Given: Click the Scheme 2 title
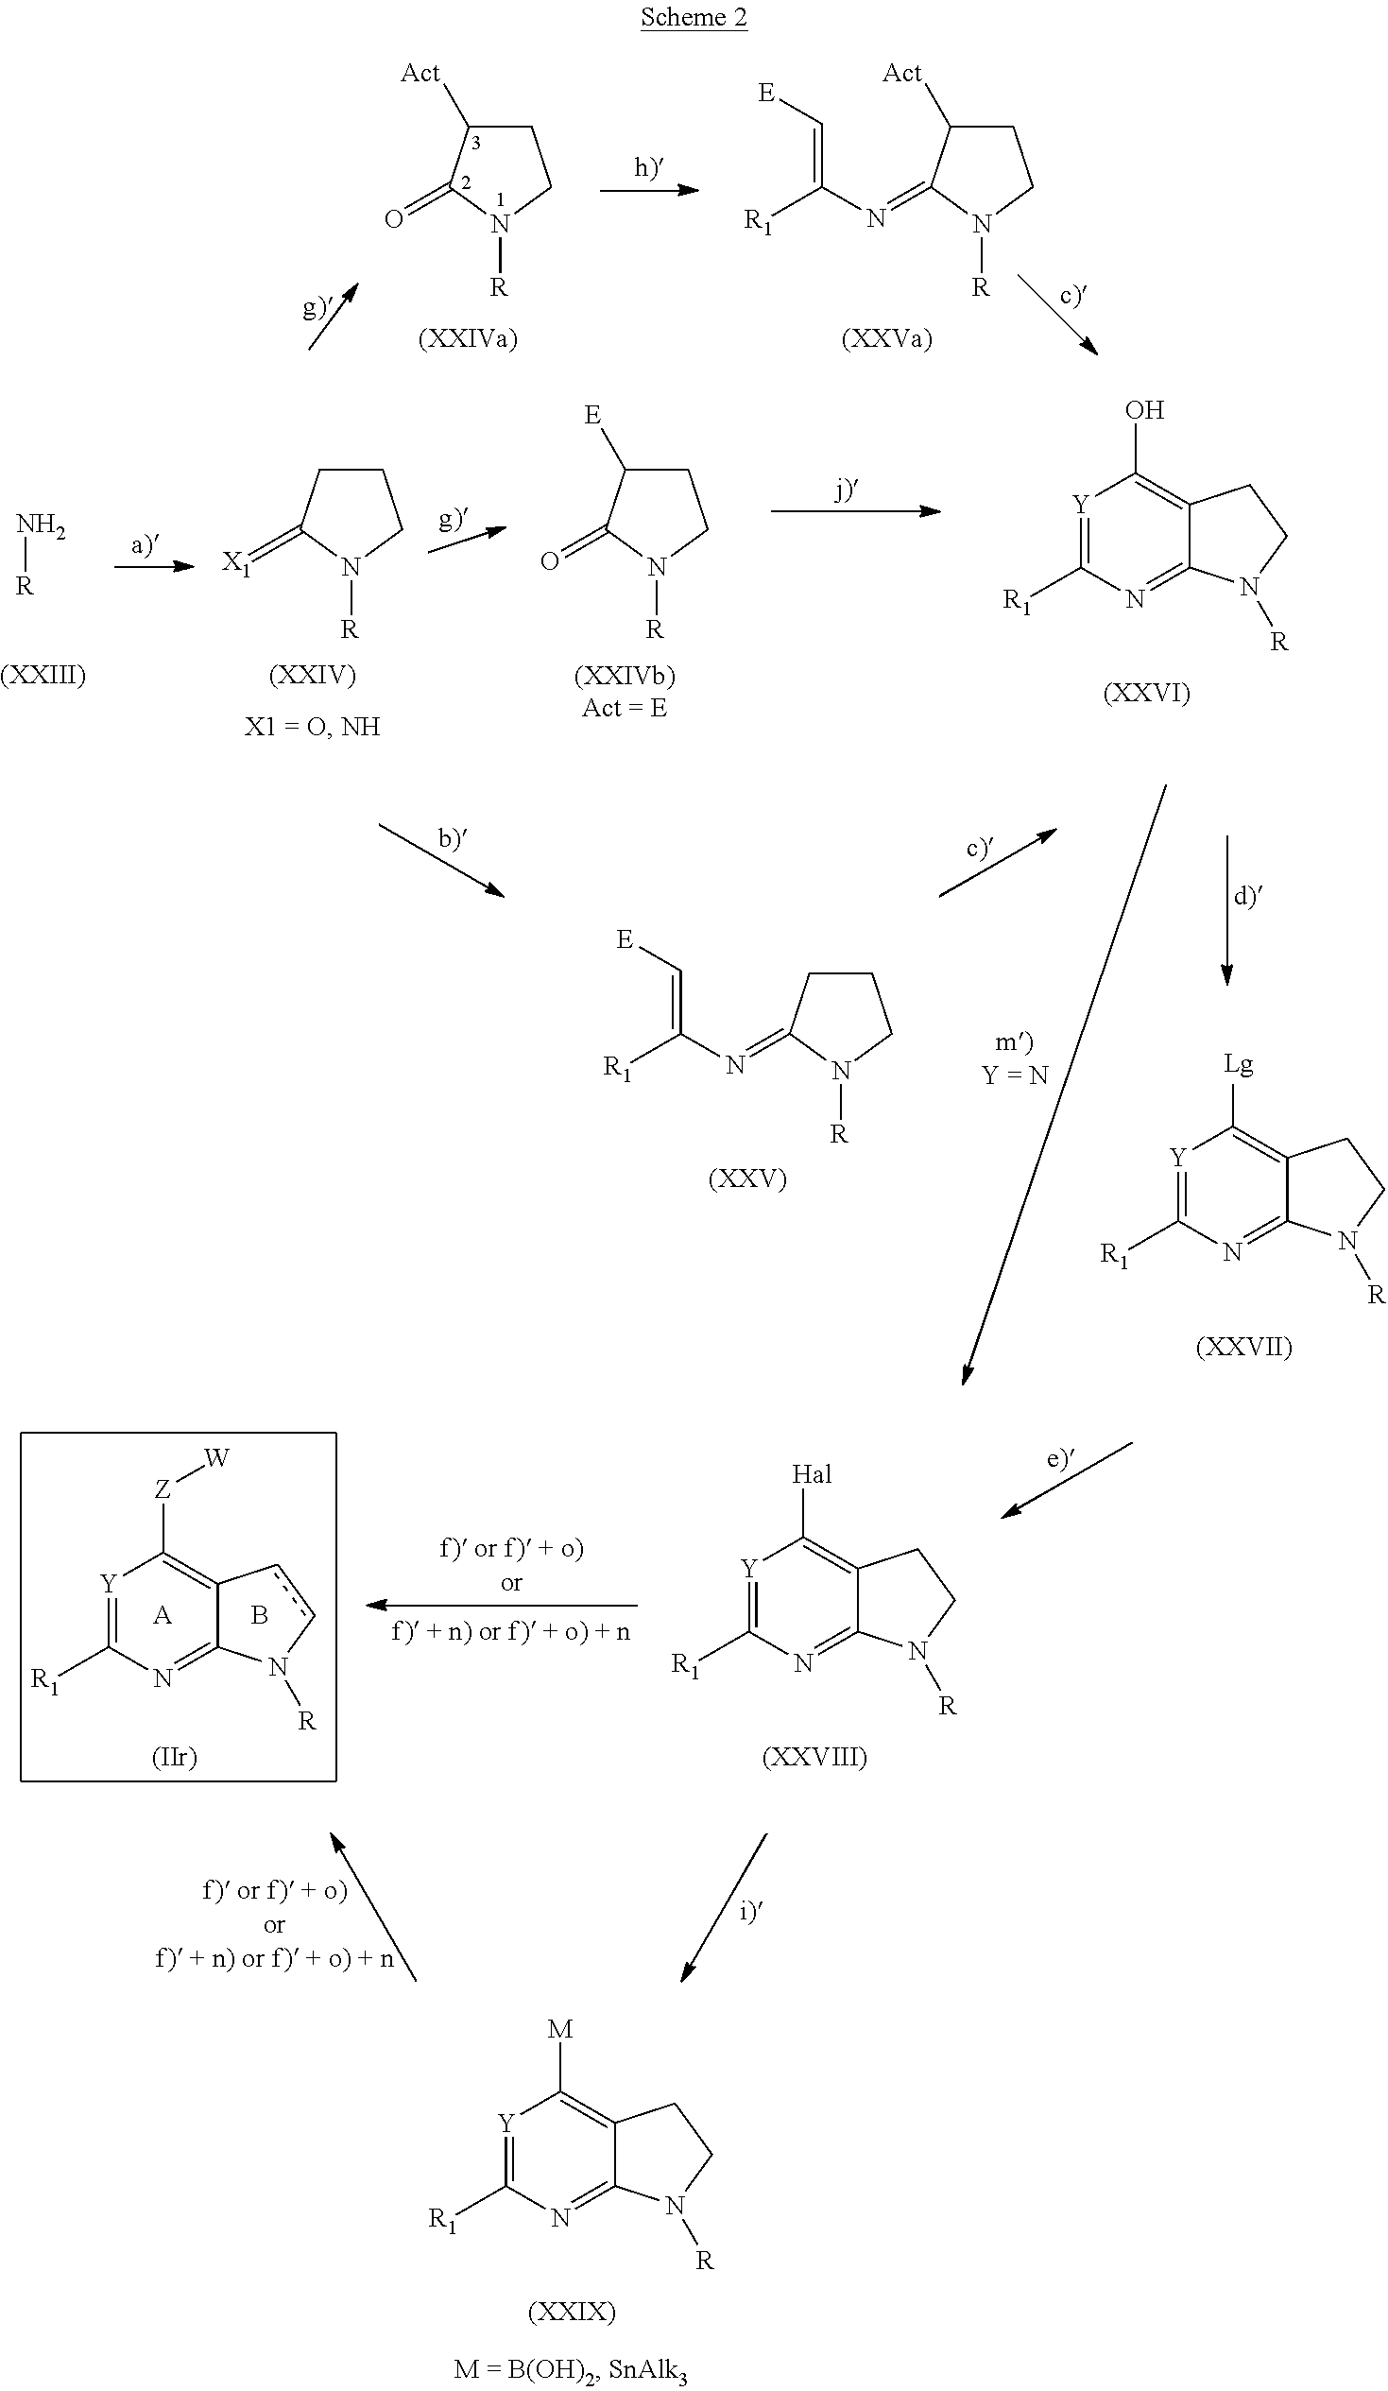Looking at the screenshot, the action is pyautogui.click(x=694, y=17).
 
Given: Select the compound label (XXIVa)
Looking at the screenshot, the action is pyautogui.click(x=468, y=338).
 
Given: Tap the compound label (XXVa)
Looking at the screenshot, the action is pyautogui.click(x=887, y=338).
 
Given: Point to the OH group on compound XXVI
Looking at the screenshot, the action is pyautogui.click(x=1144, y=410).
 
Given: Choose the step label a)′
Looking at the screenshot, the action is pyautogui.click(x=146, y=544).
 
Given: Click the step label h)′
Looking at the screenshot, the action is pyautogui.click(x=648, y=167).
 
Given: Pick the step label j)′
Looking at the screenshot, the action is pyautogui.click(x=847, y=490).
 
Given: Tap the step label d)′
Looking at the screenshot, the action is pyautogui.click(x=1247, y=895).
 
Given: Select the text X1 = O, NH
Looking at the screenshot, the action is pyautogui.click(x=312, y=727).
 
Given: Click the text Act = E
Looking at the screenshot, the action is pyautogui.click(x=625, y=708).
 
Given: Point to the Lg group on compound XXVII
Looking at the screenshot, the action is pyautogui.click(x=1239, y=1064).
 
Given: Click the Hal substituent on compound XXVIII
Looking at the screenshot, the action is pyautogui.click(x=813, y=1473).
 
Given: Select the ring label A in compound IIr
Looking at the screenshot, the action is pyautogui.click(x=163, y=1615).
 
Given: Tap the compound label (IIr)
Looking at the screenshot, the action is pyautogui.click(x=175, y=1757).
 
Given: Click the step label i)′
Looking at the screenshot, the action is pyautogui.click(x=751, y=1911).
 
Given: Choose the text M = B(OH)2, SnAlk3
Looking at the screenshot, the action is pyautogui.click(x=570, y=2369).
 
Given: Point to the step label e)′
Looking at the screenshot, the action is pyautogui.click(x=1061, y=1458).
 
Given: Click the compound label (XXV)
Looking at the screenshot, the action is pyautogui.click(x=747, y=1179).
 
